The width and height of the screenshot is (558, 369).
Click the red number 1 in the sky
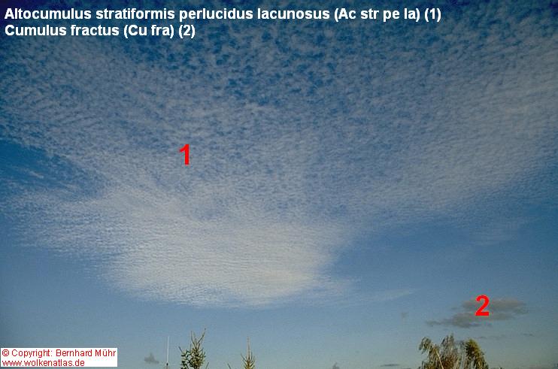coord(185,154)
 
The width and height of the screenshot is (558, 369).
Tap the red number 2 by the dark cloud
coord(482,306)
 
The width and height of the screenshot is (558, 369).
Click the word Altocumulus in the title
coord(48,14)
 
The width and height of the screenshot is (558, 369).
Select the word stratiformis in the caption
coord(135,14)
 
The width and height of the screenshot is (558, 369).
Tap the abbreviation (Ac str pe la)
coord(378,14)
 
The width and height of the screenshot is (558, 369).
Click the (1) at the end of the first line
coord(432,14)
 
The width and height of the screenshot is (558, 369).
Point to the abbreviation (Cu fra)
coord(149,31)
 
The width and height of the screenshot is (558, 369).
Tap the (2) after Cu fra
coord(187,31)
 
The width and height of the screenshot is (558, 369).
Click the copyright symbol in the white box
coord(5,353)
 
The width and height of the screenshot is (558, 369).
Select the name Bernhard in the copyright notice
coord(74,353)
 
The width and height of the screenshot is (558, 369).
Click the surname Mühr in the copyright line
coord(105,353)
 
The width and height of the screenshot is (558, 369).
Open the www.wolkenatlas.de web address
coord(43,362)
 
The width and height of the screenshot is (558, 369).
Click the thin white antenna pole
coord(168,353)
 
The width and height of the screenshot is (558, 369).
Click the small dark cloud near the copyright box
coord(152,359)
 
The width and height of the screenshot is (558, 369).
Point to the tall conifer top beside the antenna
coord(194,350)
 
